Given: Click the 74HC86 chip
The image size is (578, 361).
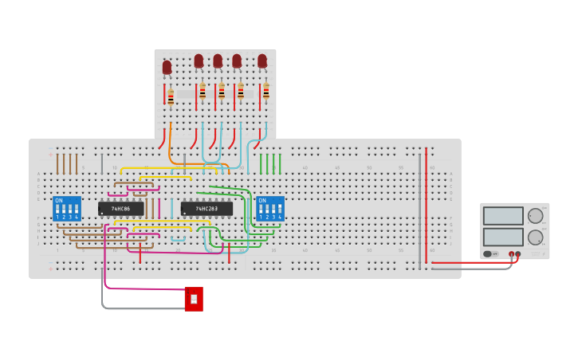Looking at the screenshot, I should coord(121,209).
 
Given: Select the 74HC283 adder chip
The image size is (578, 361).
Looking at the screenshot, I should coord(206,209).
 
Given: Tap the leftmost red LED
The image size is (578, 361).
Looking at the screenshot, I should coord(167,68).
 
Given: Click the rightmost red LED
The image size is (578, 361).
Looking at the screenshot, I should coord(262,61).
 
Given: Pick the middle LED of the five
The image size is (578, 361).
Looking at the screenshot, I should coord(218,61).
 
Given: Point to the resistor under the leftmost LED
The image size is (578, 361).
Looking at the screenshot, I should coord(171,97).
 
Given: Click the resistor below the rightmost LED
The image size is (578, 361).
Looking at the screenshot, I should coord(266,92).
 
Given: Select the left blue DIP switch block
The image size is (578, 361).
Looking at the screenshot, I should coord(67,209).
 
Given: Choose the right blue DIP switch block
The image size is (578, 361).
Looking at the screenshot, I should coord(270,209).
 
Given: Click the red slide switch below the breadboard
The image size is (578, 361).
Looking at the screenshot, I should coord(194,299).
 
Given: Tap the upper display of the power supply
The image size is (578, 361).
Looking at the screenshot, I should coord(503,216).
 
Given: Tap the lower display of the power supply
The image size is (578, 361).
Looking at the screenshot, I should coord(503,237).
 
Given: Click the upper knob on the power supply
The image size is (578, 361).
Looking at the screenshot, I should coord(535,216).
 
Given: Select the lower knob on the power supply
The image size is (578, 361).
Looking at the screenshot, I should coord(535,237).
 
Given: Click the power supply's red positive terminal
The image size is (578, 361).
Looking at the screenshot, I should coord(511,254).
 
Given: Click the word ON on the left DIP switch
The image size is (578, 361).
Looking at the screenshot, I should coord(59,200).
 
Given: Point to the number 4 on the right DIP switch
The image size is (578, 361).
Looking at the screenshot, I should coord(280,217).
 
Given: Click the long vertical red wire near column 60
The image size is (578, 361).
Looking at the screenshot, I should coord(426,207).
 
